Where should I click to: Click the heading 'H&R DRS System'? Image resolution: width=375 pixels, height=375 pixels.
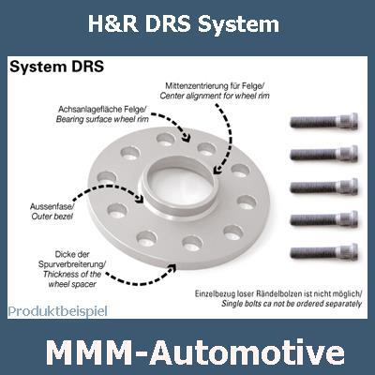click(x=184, y=24)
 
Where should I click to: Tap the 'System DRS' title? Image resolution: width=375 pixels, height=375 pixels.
click(x=56, y=67)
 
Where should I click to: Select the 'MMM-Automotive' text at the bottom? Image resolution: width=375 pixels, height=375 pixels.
click(x=196, y=352)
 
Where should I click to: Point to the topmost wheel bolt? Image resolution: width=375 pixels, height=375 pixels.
click(x=324, y=121)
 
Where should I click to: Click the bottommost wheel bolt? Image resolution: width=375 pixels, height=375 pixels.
click(x=324, y=252)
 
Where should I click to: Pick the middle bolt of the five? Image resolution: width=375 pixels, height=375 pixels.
click(x=324, y=187)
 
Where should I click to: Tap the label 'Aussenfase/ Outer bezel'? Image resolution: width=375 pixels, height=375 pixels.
click(x=52, y=211)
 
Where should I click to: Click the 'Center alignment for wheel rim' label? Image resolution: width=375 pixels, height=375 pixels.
click(x=215, y=96)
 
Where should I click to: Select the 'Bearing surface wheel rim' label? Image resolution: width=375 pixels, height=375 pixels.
click(x=102, y=119)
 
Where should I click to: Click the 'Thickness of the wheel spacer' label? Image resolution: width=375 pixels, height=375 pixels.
click(x=72, y=279)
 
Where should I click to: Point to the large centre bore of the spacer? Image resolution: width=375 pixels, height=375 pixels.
click(x=180, y=183)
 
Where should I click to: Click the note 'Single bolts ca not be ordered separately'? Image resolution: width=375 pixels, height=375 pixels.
click(x=292, y=304)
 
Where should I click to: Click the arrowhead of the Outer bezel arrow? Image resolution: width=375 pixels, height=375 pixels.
click(x=140, y=198)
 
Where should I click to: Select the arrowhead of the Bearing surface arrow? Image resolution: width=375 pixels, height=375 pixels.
click(x=187, y=138)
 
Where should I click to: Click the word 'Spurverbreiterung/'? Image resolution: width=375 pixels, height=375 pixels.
click(x=72, y=264)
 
